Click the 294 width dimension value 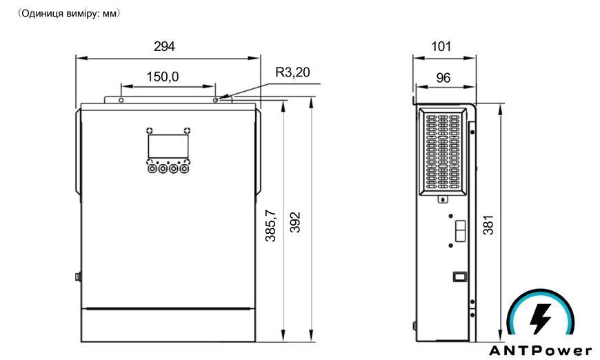point(164,46)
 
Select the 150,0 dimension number point(163,77)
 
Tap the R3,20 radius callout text point(292,72)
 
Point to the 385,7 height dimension point(271,226)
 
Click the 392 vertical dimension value point(295,222)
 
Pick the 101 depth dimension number point(441,46)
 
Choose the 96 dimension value point(443,78)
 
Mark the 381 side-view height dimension point(489,225)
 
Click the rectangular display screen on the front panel point(168,146)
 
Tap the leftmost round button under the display point(152,168)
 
